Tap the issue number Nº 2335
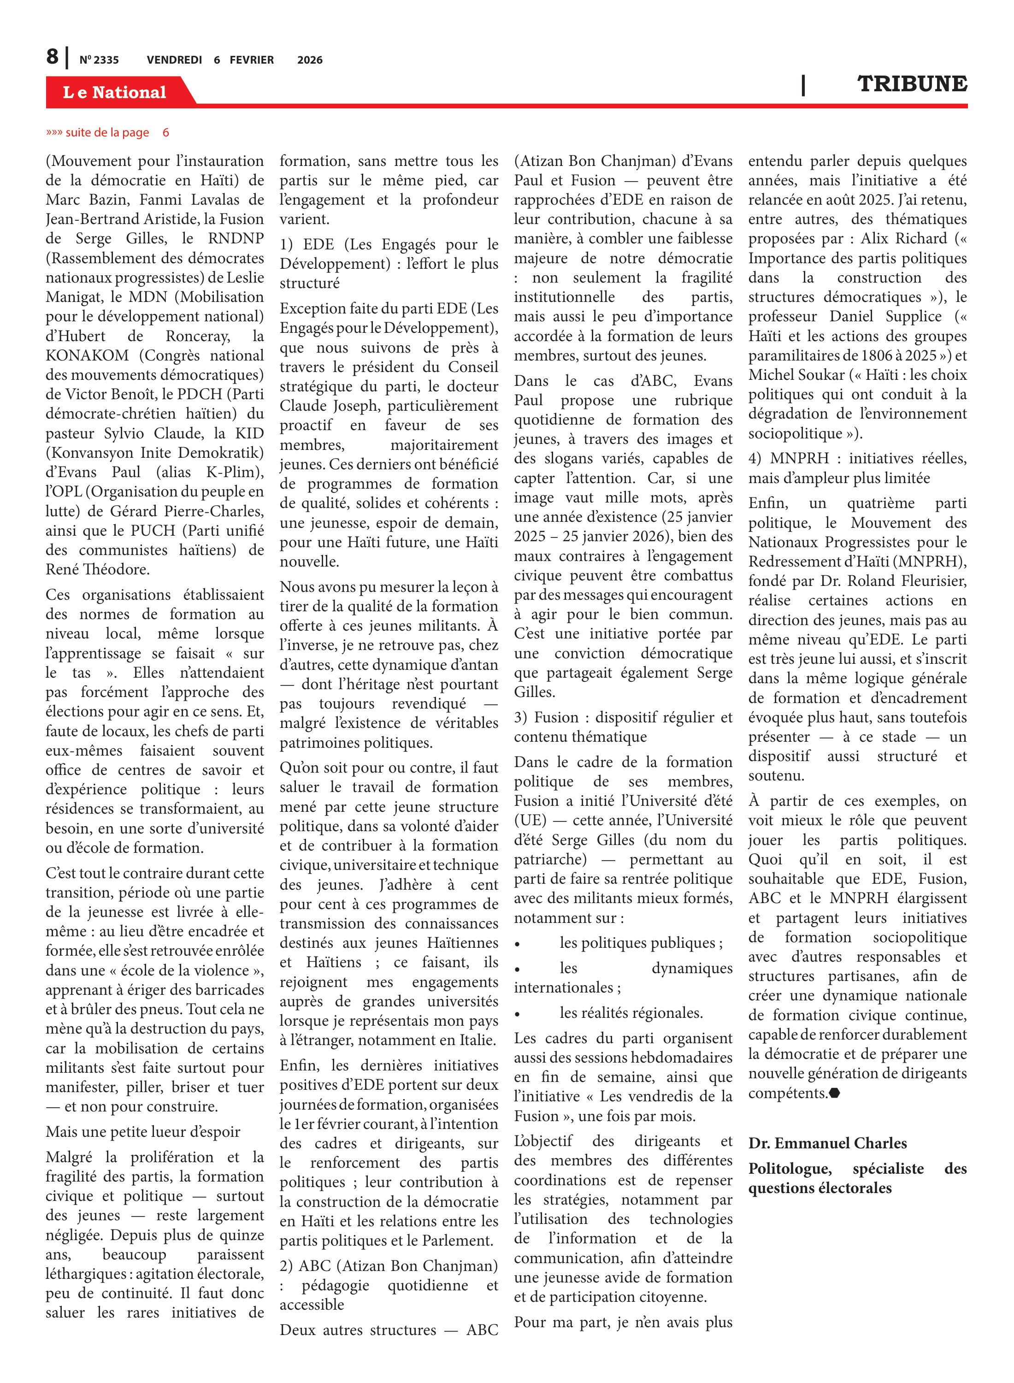point(99,60)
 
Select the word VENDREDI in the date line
point(174,60)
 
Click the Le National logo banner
point(115,92)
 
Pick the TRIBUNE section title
point(912,84)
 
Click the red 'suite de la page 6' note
point(107,133)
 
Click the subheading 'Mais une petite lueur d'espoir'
point(143,1131)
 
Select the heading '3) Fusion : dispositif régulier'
point(623,717)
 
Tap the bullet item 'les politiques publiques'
point(641,943)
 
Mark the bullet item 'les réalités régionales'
point(631,1013)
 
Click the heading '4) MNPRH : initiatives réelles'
point(857,459)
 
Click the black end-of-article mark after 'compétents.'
point(834,1093)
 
